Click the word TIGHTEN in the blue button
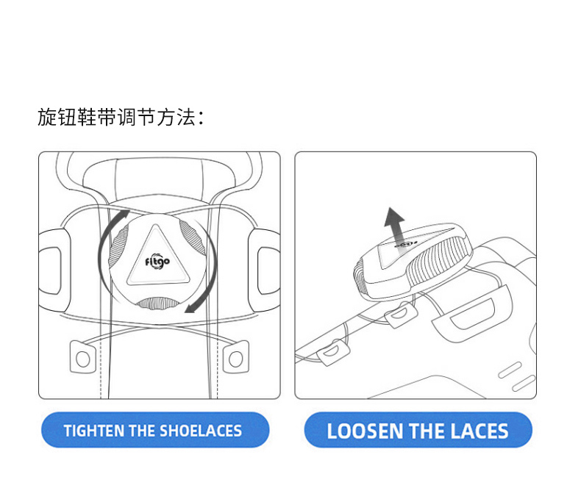(x=94, y=431)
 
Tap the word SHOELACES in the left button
(x=201, y=431)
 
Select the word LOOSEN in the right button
(x=365, y=431)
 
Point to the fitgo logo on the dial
(x=157, y=262)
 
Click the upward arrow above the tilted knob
(x=395, y=228)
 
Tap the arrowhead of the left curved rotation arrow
(x=124, y=215)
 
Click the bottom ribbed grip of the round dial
(x=157, y=304)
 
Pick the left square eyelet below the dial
(x=82, y=357)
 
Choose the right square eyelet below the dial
(x=235, y=357)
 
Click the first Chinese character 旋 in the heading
(x=47, y=118)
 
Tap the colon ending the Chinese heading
(x=202, y=118)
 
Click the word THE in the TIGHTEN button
(x=142, y=431)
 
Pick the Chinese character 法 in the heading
(x=186, y=118)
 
